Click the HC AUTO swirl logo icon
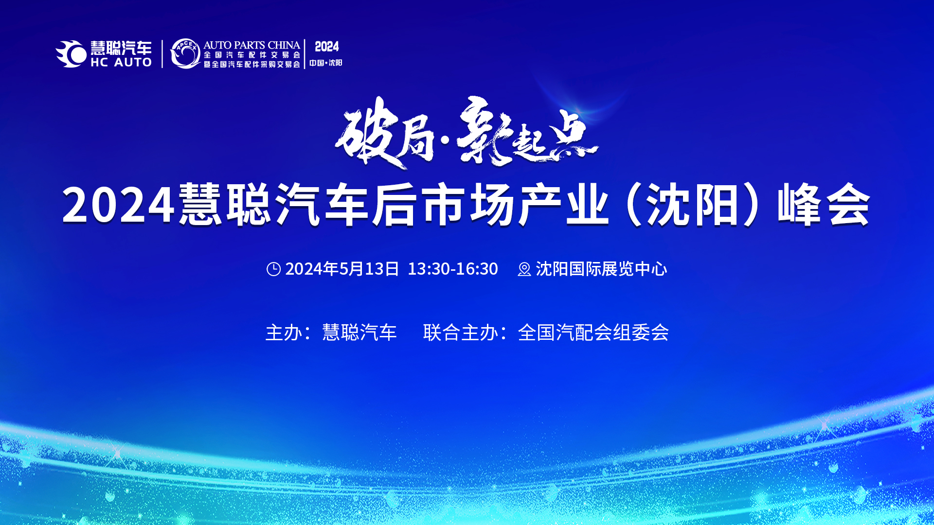71,53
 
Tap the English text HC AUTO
121,62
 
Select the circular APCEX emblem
185,53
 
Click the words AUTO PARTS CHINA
251,45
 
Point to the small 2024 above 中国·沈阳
326,47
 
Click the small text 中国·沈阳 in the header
325,63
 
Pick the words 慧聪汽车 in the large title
274,205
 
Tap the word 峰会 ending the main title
824,205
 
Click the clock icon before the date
273,269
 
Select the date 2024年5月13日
342,269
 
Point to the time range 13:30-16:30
452,269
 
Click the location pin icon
524,269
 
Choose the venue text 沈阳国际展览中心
601,269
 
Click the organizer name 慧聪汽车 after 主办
359,332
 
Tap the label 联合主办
461,332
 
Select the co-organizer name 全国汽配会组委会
593,332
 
